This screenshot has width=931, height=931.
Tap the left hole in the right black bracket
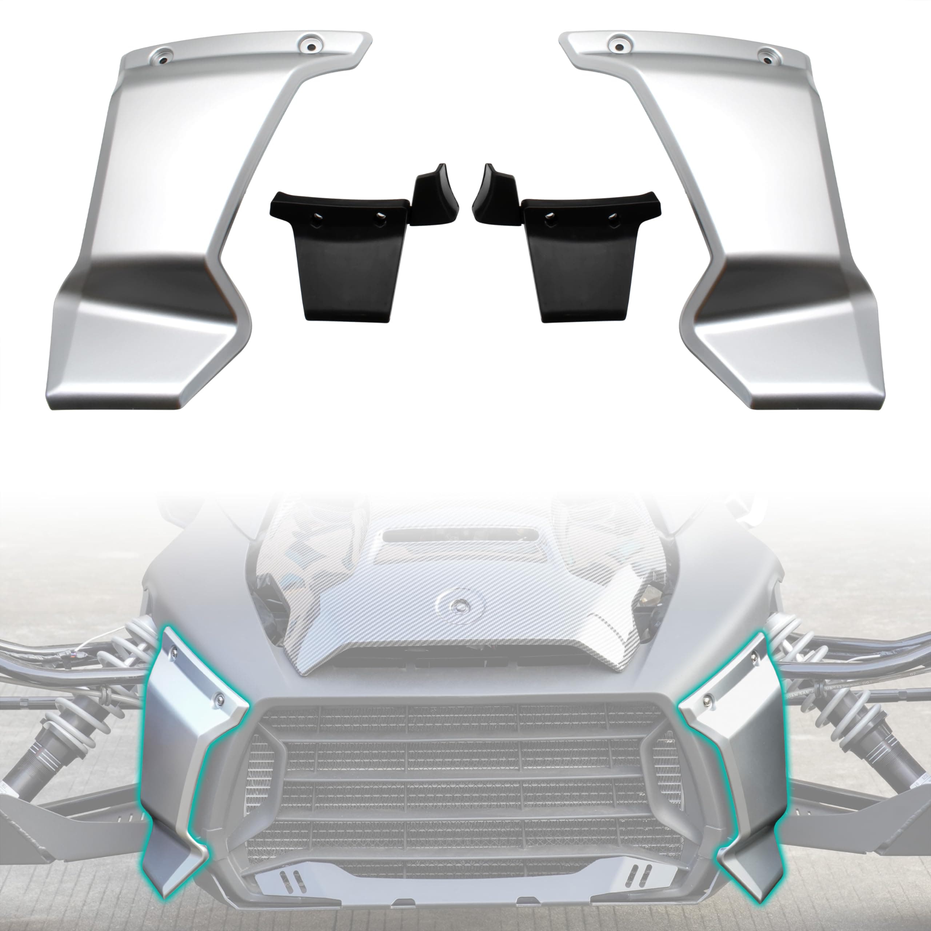(x=550, y=216)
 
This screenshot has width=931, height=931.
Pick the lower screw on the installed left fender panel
(x=220, y=698)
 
